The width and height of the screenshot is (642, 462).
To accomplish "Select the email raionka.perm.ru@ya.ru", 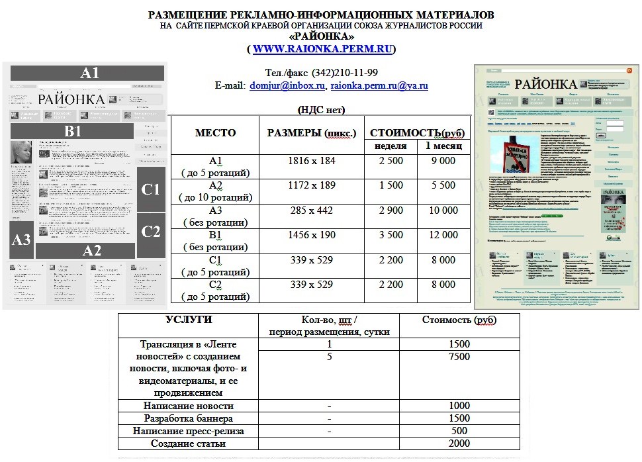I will click(379, 86).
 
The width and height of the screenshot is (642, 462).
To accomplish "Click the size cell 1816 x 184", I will click(312, 161).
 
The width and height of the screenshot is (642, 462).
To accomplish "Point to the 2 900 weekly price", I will click(390, 210).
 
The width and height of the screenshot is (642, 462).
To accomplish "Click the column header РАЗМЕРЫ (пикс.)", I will click(312, 133).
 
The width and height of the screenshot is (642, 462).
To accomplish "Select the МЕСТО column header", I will click(215, 133).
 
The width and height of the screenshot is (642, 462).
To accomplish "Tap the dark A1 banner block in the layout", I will click(89, 73).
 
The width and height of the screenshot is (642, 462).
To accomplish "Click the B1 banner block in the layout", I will click(73, 131).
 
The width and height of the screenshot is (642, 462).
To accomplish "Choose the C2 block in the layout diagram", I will click(151, 232).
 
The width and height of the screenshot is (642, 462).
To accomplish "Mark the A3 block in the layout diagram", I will click(22, 240).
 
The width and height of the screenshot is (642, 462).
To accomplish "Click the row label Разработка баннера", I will click(187, 418).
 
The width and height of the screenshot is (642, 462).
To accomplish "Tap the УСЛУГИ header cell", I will click(189, 320).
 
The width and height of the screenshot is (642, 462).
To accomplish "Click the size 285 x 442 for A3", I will click(312, 210).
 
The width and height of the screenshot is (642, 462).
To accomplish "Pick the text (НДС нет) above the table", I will click(322, 110).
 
